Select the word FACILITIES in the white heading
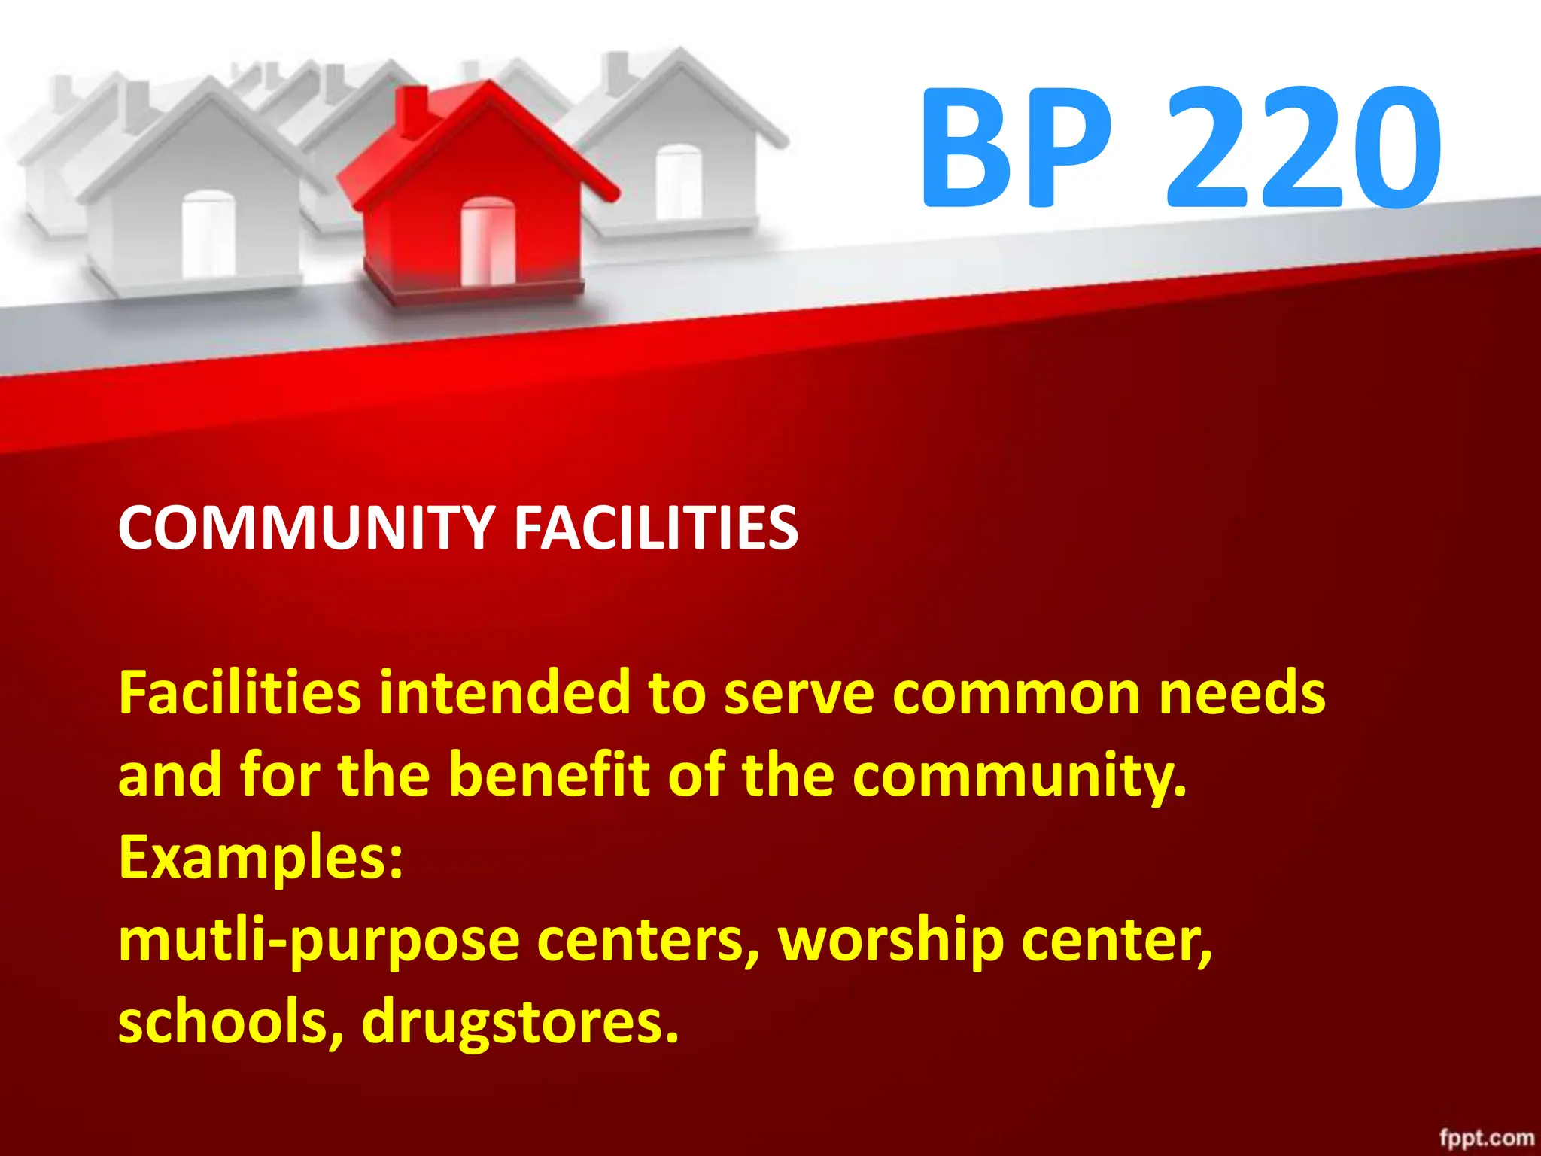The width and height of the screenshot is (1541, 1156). coord(655,528)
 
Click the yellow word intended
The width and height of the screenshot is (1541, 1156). coord(504,692)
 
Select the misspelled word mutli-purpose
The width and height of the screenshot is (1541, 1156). coord(319,942)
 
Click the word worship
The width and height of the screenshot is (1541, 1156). coord(891,941)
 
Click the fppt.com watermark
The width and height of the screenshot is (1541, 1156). coord(1486,1138)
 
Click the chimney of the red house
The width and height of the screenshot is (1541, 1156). coord(412,111)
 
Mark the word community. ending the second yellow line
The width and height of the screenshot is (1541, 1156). coord(1020,776)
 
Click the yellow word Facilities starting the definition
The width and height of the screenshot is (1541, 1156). coord(240,692)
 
